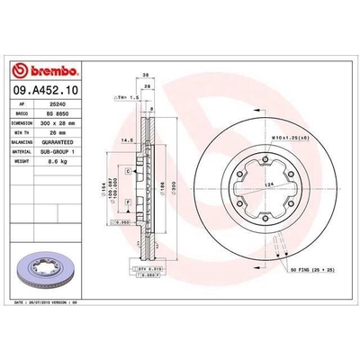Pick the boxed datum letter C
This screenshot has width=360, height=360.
coord(129,170)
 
